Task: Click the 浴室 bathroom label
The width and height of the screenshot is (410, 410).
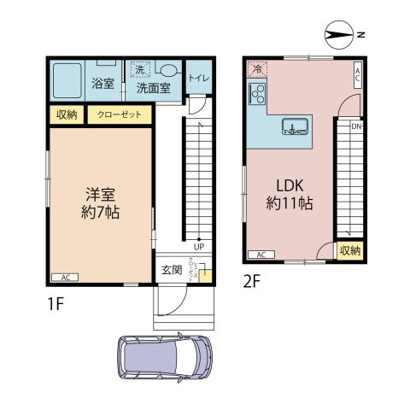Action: [x=102, y=84]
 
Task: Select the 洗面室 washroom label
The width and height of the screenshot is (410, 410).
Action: [x=154, y=87]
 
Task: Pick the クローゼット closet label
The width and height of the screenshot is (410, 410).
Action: [x=119, y=114]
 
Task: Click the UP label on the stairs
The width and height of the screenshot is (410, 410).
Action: [x=198, y=249]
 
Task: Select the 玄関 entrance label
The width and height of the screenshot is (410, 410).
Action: [x=171, y=271]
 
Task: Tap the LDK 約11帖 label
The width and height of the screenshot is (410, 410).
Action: [x=289, y=195]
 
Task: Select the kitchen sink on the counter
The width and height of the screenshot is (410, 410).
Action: [x=296, y=128]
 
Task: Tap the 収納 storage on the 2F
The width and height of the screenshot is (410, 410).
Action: [x=349, y=250]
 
